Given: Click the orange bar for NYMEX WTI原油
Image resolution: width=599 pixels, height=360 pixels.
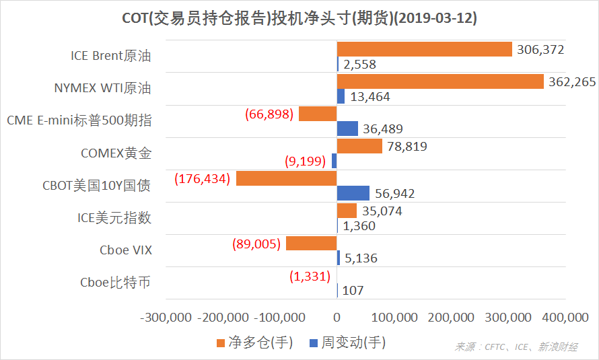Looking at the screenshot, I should [440, 81].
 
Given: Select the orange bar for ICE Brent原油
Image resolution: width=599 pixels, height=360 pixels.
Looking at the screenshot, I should [425, 49].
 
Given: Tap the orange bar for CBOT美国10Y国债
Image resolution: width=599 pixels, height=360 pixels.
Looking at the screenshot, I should [286, 178].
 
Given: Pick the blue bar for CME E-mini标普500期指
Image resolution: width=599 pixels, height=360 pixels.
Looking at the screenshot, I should [347, 129].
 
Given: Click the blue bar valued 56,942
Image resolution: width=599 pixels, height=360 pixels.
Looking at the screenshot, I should [353, 193].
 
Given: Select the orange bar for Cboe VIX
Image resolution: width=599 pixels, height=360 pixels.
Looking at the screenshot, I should [311, 243].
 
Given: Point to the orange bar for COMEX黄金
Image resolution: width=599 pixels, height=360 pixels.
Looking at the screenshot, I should [359, 146].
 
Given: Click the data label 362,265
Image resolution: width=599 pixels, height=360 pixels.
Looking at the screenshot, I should [572, 81].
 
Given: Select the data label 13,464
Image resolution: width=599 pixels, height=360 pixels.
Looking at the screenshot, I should [369, 97].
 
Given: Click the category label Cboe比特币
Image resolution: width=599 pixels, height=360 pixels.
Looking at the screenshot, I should [115, 283].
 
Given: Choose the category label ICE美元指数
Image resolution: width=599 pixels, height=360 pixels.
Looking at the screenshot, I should [114, 217].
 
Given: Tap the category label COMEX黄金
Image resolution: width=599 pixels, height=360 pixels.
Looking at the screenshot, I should [116, 153].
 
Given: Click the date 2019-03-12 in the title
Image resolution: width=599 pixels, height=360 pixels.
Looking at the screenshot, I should [433, 18].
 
